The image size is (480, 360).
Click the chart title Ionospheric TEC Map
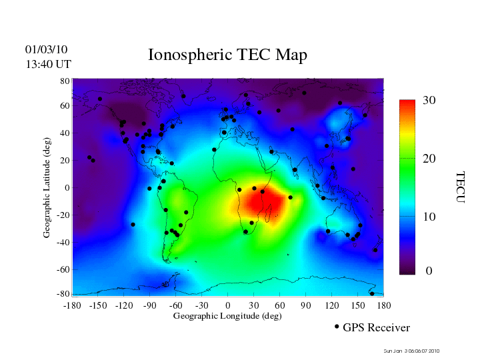click(227, 55)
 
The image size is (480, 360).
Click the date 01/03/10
click(46, 49)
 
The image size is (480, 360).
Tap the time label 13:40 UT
click(48, 64)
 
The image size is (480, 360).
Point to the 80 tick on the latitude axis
click(65, 81)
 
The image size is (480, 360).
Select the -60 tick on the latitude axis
click(63, 269)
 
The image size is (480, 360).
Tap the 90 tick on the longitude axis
click(306, 305)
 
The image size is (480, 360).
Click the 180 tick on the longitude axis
click(384, 305)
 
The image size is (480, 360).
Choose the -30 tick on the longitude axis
click(201, 305)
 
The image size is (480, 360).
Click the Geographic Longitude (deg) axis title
click(227, 316)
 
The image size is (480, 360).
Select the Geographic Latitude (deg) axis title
click(47, 193)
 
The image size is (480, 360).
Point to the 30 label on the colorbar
click(429, 101)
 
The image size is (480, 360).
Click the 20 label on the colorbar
click(429, 160)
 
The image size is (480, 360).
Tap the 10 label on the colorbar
click(429, 217)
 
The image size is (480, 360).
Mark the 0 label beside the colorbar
click(429, 271)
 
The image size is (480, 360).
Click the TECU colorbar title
click(459, 187)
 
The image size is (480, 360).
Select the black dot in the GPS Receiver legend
click(337, 327)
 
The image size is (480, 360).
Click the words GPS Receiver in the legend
click(376, 328)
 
